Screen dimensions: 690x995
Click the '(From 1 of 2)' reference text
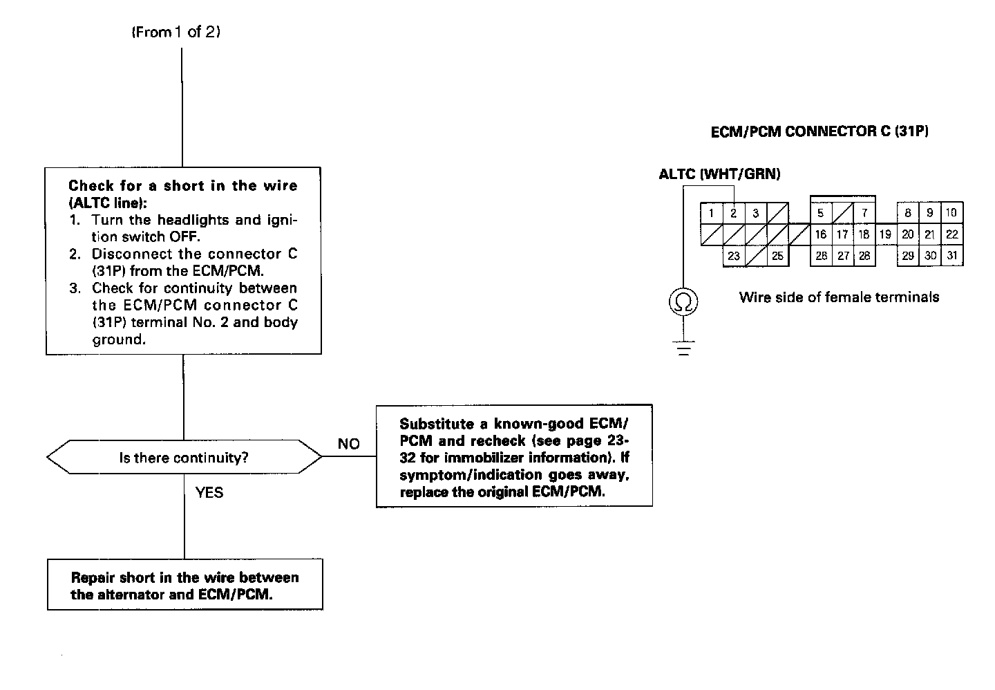coord(176,32)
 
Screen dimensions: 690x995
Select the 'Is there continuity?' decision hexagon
coord(184,457)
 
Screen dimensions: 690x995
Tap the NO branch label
coord(348,445)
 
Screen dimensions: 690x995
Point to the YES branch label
coord(209,493)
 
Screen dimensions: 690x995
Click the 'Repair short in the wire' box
coord(184,585)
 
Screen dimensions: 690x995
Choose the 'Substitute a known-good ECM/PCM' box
coord(514,456)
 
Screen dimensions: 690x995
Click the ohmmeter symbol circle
coord(683,302)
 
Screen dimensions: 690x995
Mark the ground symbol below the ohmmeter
coord(683,348)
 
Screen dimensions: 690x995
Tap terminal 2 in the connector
coord(734,214)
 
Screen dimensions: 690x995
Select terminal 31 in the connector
coord(952,256)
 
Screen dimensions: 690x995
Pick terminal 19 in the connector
coord(885,234)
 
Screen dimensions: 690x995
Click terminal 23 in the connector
coord(734,256)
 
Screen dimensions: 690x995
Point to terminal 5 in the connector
coord(821,214)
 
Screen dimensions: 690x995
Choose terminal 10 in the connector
coord(951,213)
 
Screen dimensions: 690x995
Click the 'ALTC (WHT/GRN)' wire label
coord(719,174)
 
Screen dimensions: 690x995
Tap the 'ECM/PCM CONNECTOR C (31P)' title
coord(819,131)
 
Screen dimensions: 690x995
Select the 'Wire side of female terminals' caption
coord(839,297)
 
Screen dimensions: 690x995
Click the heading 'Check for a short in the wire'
coord(182,185)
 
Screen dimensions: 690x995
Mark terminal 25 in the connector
coord(777,256)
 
